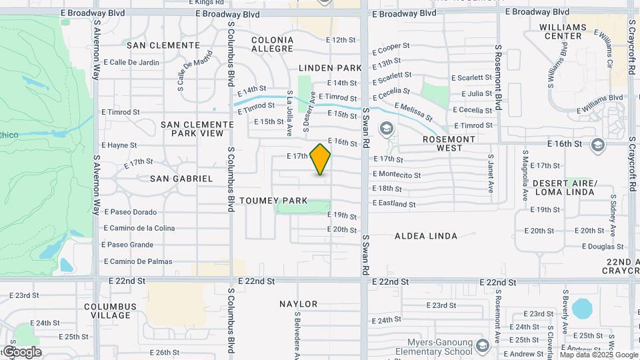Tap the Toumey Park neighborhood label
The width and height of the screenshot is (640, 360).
[x=273, y=201]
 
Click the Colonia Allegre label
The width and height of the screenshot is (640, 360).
[x=272, y=45]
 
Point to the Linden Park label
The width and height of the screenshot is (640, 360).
[x=330, y=68]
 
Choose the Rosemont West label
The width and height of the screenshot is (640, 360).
[x=449, y=144]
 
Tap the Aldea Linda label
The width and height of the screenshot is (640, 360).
[x=426, y=236]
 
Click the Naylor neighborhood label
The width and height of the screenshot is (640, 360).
[x=298, y=304]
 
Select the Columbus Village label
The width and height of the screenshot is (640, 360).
[x=110, y=311]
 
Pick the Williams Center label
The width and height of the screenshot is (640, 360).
[x=563, y=31]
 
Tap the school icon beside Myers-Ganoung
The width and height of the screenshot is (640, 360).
[x=483, y=346]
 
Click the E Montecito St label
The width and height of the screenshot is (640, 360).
[x=397, y=175]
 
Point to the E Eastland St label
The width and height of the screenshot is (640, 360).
[x=394, y=204]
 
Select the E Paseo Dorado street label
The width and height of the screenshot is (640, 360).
[x=130, y=212]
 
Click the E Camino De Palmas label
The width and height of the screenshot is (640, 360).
[x=137, y=261]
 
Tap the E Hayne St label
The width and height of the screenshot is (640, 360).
[x=119, y=145]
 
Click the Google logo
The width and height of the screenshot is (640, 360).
[x=21, y=352]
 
